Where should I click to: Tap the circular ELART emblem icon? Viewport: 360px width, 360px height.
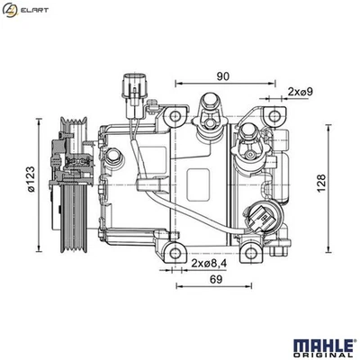coord(12,10)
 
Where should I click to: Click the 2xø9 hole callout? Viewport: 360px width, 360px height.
coord(301,92)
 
